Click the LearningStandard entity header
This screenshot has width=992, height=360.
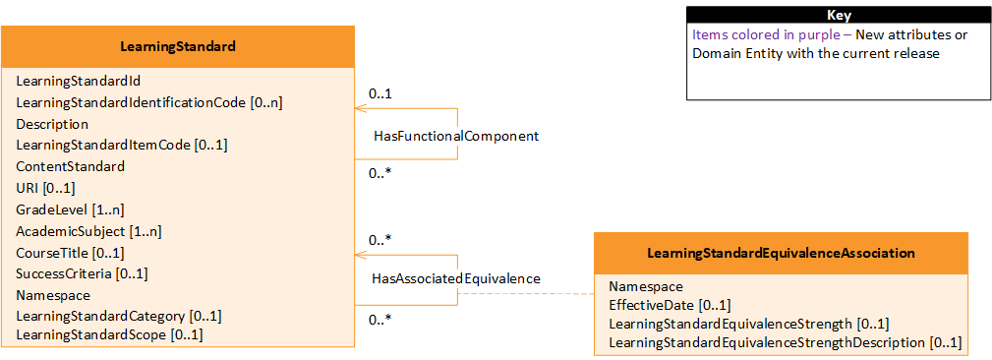pyautogui.click(x=177, y=46)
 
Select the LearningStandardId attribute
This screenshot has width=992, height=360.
pyautogui.click(x=71, y=81)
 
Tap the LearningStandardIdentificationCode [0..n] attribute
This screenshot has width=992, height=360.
pyautogui.click(x=149, y=102)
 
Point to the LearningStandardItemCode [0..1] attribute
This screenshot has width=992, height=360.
pyautogui.click(x=122, y=145)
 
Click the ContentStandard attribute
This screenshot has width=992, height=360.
pyautogui.click(x=70, y=166)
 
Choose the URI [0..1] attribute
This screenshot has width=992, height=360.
pyautogui.click(x=45, y=188)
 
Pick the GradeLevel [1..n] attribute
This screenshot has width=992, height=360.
pyautogui.click(x=70, y=210)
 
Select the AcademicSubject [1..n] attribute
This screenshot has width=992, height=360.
pyautogui.click(x=88, y=231)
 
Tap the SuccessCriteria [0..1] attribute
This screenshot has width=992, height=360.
pyautogui.click(x=82, y=273)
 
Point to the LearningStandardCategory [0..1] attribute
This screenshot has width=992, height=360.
pyautogui.click(x=119, y=316)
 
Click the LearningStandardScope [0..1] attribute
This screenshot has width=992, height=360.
pyautogui.click(x=109, y=335)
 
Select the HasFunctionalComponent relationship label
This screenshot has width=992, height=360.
pyautogui.click(x=456, y=136)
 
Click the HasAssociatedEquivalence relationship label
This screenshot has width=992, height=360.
pyautogui.click(x=456, y=278)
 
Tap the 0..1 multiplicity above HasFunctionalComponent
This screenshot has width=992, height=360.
pyautogui.click(x=380, y=93)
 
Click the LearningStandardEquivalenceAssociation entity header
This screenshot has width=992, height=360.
pyautogui.click(x=781, y=253)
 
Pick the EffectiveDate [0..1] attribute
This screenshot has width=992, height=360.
pyautogui.click(x=670, y=305)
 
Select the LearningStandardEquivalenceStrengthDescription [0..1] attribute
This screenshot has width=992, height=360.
pyautogui.click(x=785, y=342)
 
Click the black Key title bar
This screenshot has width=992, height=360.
pyautogui.click(x=839, y=16)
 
